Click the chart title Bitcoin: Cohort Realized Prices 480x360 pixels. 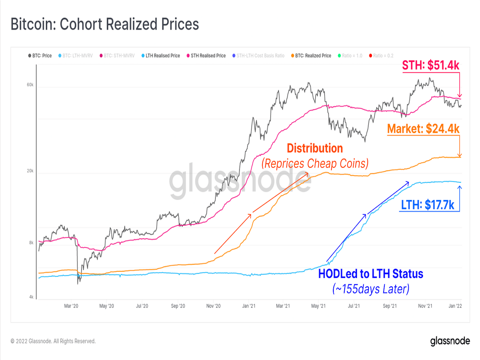point(105,24)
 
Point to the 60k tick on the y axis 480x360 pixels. point(30,85)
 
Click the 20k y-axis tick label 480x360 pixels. point(30,171)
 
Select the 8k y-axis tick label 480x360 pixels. point(31,243)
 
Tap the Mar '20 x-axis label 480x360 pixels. point(71,306)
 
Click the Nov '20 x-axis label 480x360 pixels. point(213,306)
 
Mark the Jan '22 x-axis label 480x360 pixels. point(455,306)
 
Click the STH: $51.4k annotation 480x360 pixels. point(430,65)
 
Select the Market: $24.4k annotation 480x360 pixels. point(423,129)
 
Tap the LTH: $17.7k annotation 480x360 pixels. point(427,205)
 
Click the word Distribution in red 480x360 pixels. point(315,148)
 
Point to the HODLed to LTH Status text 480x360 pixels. point(370,274)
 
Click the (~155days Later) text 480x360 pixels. point(371,289)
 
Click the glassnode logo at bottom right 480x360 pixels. point(450,341)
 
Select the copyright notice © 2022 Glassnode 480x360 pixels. point(53,341)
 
